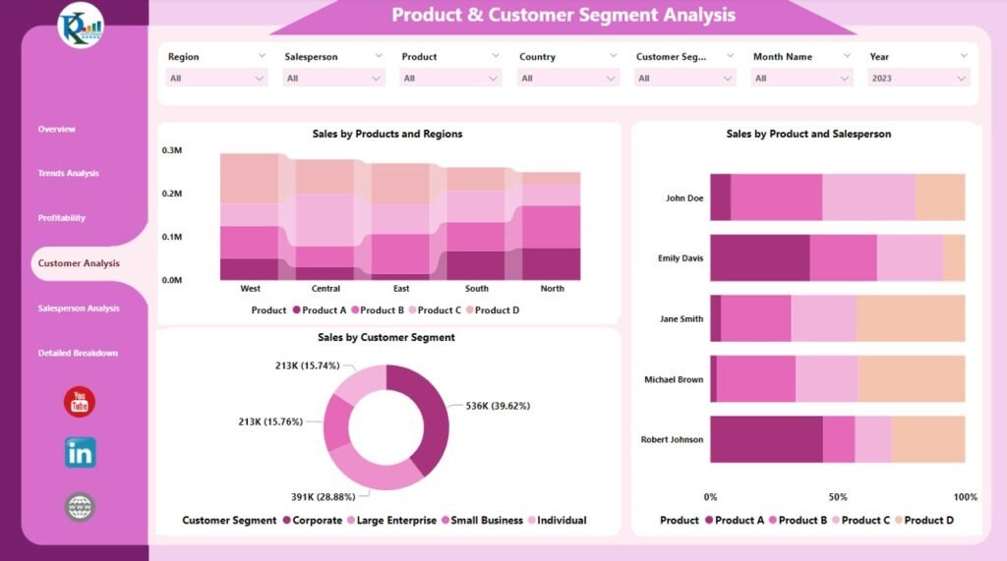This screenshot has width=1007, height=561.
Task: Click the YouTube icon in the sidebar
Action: [x=80, y=402]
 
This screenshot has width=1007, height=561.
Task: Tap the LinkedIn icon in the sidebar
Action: [x=80, y=453]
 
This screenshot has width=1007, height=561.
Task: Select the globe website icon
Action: [x=80, y=507]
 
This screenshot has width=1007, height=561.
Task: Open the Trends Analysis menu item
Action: [x=68, y=174]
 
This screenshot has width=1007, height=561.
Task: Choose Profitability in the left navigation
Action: [x=61, y=218]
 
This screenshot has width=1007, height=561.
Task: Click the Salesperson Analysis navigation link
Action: [x=78, y=309]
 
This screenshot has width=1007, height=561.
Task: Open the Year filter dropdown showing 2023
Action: [x=918, y=79]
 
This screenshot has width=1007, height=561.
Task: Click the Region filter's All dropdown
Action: [x=217, y=79]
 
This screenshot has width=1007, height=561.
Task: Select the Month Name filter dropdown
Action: [x=802, y=79]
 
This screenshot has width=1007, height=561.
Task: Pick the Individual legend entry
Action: [x=561, y=521]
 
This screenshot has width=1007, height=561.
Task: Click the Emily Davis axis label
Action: [x=680, y=258]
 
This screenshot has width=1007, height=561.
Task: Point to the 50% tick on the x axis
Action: [x=837, y=497]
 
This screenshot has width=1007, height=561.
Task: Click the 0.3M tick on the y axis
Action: [x=172, y=150]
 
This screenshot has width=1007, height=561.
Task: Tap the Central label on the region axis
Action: [x=326, y=289]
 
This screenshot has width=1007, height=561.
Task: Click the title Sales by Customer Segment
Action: [x=385, y=337]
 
